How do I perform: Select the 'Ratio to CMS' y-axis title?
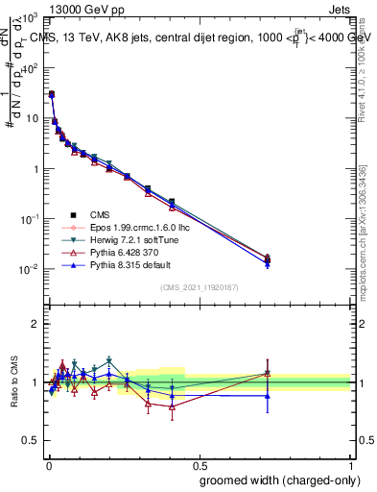tap(14, 382)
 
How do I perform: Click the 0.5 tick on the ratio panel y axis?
tap(32, 441)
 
